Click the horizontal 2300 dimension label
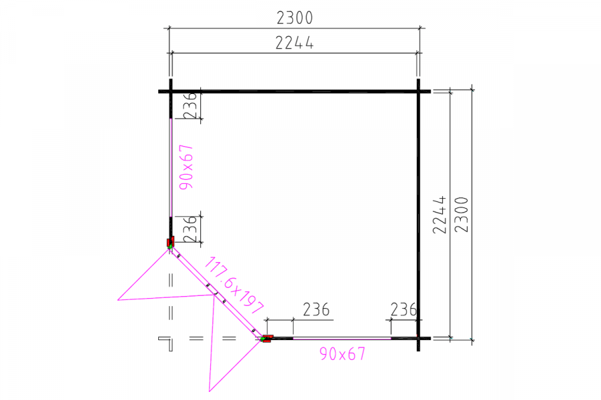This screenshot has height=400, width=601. [x=294, y=17]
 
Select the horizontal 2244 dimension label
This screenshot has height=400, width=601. [x=294, y=43]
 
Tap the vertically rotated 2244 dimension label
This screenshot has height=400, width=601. [x=439, y=215]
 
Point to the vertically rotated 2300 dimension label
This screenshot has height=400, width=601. [x=461, y=215]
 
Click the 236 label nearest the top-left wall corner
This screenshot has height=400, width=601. [x=190, y=105]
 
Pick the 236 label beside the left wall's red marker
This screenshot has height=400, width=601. [x=190, y=229]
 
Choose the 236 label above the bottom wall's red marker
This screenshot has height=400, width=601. [x=317, y=309]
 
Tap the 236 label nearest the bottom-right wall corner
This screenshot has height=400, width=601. [x=403, y=309]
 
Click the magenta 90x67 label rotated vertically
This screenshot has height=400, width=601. [x=187, y=167]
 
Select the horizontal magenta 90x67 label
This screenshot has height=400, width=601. [x=343, y=354]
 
